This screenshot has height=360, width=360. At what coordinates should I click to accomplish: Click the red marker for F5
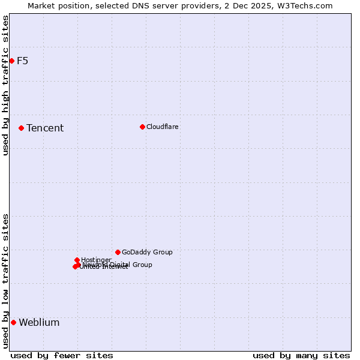pos(11,61)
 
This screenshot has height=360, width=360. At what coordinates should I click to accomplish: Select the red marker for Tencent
pos(21,128)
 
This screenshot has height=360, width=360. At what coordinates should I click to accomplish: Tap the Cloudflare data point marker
pos(142,127)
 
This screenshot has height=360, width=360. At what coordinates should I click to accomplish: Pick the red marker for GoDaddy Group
pos(118,252)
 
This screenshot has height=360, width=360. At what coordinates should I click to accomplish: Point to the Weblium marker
pos(13,322)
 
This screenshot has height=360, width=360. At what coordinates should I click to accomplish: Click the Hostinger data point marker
pos(77,260)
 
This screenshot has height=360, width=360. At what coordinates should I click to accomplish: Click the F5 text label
pos(22,61)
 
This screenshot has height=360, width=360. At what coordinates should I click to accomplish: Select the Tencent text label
pos(45,128)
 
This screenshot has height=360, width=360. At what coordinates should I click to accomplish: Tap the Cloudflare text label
pos(163,127)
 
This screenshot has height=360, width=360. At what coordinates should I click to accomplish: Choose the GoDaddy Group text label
pos(147,252)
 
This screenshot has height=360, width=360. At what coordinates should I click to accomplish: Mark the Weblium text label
pos(39,322)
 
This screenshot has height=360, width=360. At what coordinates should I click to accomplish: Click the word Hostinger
pos(97,260)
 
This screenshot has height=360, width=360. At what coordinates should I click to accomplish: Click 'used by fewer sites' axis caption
pos(62,355)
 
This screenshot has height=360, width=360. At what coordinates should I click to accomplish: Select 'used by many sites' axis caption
pos(301,355)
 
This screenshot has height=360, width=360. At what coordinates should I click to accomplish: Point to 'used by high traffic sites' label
pos(5,86)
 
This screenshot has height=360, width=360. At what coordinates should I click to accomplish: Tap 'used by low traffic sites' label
pos(5,281)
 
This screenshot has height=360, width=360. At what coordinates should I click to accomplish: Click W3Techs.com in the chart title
pos(309,5)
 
